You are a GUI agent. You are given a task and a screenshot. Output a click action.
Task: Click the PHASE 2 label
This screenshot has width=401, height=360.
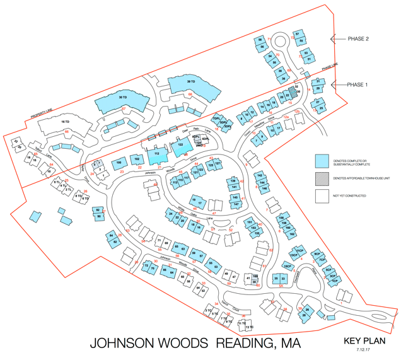[358, 38]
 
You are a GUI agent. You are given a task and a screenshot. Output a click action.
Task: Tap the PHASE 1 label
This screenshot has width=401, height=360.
[358, 84]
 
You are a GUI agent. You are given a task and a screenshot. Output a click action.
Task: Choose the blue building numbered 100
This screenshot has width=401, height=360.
[119, 163]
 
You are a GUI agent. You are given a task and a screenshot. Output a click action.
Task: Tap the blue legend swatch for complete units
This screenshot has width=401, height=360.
[322, 161]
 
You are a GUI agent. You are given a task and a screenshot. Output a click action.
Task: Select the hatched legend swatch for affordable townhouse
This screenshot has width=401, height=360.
[322, 179]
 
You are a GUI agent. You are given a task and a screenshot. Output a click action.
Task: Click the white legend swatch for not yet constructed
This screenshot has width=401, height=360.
[322, 196]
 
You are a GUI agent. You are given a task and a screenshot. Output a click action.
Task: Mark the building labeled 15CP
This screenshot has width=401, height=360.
[287, 267]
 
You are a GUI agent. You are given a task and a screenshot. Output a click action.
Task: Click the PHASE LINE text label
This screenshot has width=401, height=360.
[330, 67]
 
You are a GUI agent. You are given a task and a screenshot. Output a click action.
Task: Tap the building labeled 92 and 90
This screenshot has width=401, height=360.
[98, 214]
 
